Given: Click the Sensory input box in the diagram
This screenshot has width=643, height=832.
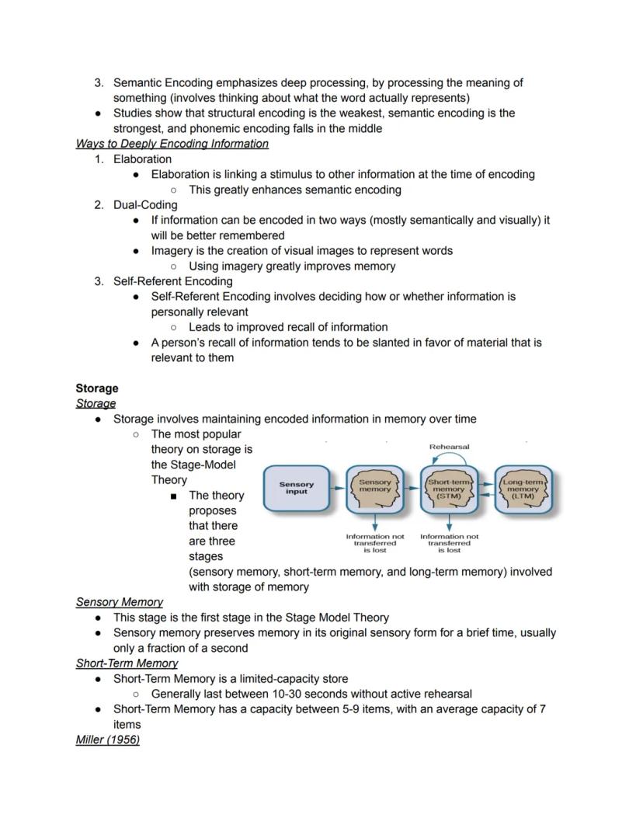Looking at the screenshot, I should pos(297,489).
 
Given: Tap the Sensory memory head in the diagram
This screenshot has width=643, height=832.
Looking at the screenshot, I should pos(375,489).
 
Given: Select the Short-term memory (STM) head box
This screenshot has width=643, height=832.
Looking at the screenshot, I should pos(449,489).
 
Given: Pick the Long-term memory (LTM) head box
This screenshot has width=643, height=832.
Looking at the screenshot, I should pos(523,489).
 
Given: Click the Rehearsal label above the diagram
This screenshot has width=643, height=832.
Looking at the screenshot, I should pos(449,447).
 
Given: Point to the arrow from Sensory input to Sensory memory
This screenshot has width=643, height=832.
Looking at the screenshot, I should pos(336,489).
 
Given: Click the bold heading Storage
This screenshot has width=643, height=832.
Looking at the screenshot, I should pos(97,388).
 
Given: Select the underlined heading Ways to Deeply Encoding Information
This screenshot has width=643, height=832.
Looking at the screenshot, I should pos(172,144).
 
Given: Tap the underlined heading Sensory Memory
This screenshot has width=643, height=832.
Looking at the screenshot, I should pos(120,602).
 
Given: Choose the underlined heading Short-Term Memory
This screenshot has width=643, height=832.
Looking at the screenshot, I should pos(127,663).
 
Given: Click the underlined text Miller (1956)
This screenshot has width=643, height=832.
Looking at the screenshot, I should pos(107,740).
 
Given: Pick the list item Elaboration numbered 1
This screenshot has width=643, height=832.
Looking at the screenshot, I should pos(142,159).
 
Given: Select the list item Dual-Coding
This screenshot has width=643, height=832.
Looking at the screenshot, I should pos(145,205).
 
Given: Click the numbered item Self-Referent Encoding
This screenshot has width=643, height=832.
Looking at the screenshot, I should pos(172,281).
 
